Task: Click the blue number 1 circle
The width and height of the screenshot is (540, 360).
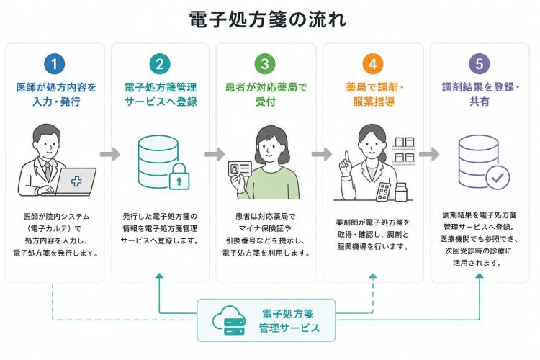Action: click(x=55, y=64)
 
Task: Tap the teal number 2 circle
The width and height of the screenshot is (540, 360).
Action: click(x=160, y=64)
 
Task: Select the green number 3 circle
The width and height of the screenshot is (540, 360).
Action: click(x=265, y=64)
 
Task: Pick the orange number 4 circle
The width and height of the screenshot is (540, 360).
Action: click(x=373, y=64)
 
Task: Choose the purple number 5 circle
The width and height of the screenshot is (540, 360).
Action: click(x=480, y=64)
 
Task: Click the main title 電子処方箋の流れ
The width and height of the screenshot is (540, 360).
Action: click(x=268, y=19)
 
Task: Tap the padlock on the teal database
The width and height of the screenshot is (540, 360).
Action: click(x=179, y=176)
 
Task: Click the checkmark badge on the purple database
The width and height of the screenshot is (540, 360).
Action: click(x=498, y=177)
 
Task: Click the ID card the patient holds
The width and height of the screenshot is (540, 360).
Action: click(x=240, y=171)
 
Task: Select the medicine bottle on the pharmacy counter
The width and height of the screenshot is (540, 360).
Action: click(x=401, y=192)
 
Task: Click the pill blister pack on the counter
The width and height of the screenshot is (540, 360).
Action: click(x=384, y=192)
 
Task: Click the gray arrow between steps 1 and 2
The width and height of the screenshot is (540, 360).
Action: click(x=110, y=154)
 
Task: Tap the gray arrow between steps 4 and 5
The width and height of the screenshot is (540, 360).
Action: click(x=429, y=154)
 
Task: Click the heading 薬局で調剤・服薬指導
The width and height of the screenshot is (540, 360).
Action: click(x=374, y=94)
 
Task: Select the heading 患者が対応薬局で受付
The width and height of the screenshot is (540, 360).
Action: click(x=266, y=94)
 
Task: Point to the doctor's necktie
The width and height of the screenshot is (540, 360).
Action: click(x=48, y=171)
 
